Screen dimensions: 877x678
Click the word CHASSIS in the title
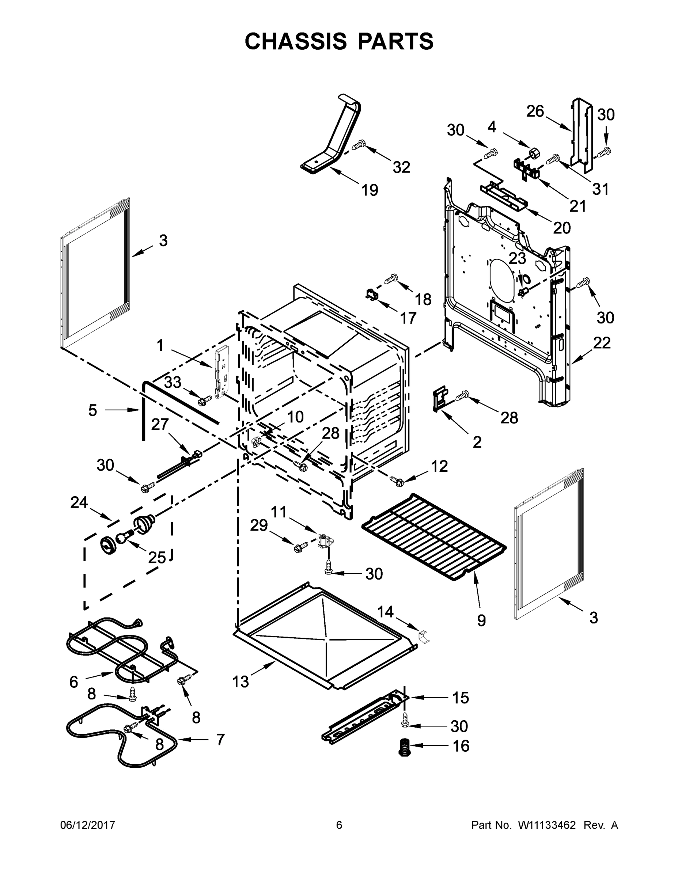coord(296,41)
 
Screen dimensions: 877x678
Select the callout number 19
coord(370,190)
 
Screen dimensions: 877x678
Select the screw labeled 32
coord(359,145)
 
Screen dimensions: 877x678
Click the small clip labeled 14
coord(423,637)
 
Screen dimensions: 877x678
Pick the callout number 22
coord(601,342)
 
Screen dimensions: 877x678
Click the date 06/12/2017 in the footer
coord(88,825)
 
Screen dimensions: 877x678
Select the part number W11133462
coord(547,825)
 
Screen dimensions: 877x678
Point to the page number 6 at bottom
coord(339,825)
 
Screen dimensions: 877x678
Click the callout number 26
coord(535,111)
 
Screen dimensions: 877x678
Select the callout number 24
coord(79,502)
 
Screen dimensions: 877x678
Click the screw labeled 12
coord(395,480)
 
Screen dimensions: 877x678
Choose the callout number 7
coord(220,739)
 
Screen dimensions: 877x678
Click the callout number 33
coord(173,382)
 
